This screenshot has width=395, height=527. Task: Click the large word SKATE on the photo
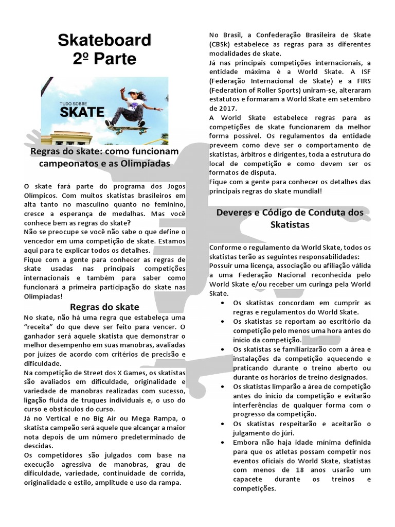pos(82,112)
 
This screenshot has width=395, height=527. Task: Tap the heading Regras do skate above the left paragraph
pos(98,307)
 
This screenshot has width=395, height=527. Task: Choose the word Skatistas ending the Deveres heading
pos(290,225)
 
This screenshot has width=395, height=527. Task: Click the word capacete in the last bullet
pos(250,480)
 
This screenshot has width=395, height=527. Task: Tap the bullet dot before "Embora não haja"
pos(221,443)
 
